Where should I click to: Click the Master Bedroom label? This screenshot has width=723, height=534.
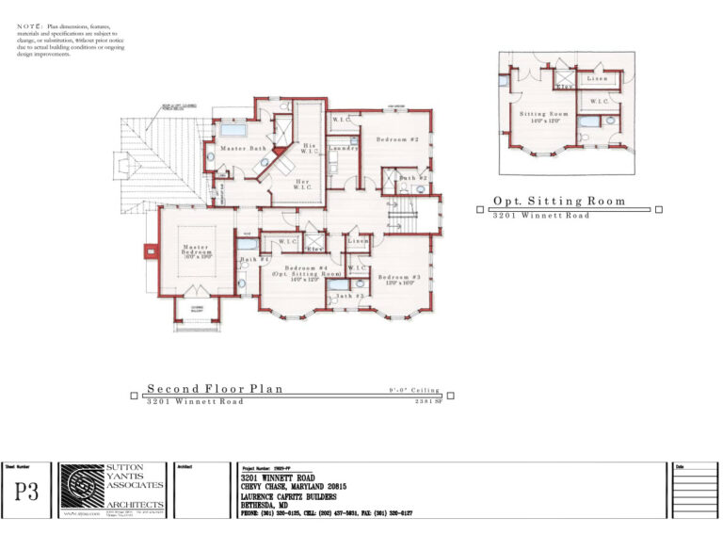196,251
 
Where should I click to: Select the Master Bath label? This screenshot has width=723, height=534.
244,149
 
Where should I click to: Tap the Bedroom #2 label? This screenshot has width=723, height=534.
397,139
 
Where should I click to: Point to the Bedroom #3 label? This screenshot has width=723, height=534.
398,278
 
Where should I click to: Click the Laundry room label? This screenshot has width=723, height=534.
343,149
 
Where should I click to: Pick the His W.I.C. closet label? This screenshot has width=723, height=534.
308,149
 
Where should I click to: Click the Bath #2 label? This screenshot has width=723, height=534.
413,178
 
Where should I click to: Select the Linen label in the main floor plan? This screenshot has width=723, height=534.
358,242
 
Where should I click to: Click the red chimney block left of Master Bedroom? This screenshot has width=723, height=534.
150,251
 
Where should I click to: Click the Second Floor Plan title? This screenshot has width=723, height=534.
215,388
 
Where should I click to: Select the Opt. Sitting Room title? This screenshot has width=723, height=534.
559,201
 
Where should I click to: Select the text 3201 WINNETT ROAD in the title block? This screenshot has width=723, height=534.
281,477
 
